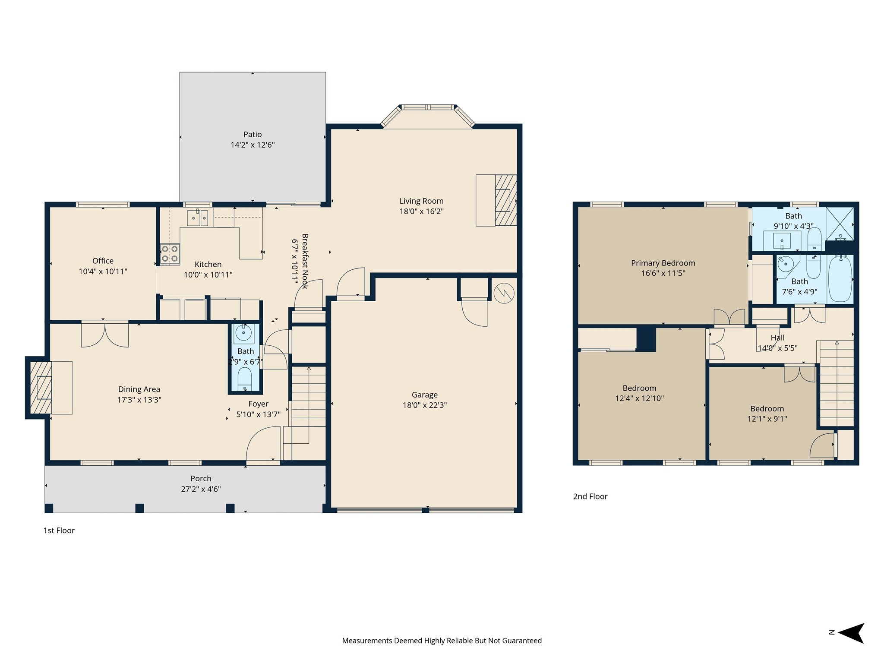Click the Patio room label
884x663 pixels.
[x=253, y=135]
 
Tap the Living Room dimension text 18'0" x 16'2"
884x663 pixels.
[x=421, y=212]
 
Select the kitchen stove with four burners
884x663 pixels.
[x=170, y=254]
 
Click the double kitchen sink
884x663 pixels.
[x=198, y=218]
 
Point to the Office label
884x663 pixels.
[x=103, y=261]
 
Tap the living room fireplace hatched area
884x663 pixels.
[x=505, y=200]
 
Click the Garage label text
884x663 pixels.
[x=424, y=395]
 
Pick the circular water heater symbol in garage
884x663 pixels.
[x=504, y=293]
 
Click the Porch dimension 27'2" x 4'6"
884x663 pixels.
[x=201, y=489]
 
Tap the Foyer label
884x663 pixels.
[x=258, y=404]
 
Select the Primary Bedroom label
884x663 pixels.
[x=663, y=263]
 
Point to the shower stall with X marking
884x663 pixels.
[x=840, y=224]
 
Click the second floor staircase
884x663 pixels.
[x=837, y=384]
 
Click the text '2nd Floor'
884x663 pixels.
[x=590, y=496]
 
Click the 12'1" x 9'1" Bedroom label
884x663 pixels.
[x=767, y=409]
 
